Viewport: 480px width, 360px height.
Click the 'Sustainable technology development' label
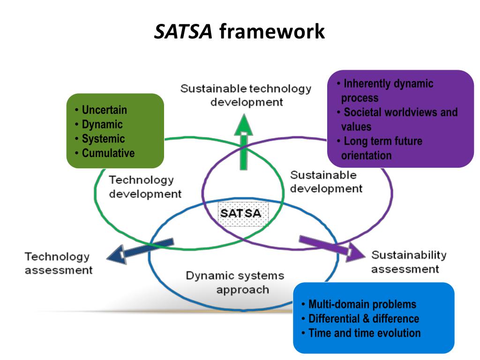tap(246, 95)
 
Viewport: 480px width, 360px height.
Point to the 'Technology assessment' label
tap(59, 263)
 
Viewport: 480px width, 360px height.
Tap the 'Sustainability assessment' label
tap(408, 262)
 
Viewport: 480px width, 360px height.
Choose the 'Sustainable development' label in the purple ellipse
tap(326, 182)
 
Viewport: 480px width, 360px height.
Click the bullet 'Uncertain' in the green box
tap(104, 110)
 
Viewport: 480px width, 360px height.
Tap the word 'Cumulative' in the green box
tap(108, 153)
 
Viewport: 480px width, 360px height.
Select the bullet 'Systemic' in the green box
tap(103, 139)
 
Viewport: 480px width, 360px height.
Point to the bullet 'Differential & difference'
tap(363, 319)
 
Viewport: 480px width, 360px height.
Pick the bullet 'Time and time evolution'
tap(364, 333)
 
